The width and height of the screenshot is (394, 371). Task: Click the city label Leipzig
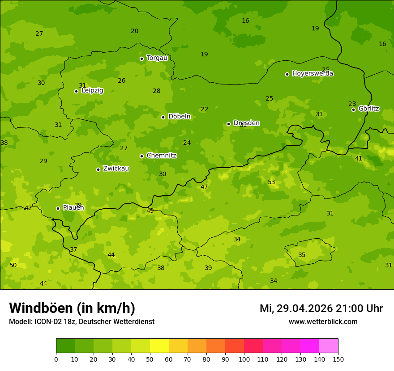pos(92,91)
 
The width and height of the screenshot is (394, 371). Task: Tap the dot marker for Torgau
pos(141,59)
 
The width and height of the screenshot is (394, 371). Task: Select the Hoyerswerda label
pos(313,74)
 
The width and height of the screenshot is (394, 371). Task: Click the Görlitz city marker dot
pos(353,110)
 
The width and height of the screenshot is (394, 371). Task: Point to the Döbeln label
pos(179,117)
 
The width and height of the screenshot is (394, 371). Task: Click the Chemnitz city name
pos(161,156)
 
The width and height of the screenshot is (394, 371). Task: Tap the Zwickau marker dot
pos(98,169)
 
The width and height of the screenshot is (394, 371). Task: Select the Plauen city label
pos(73,208)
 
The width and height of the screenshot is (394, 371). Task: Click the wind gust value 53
pos(271,182)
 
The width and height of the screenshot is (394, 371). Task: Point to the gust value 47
pos(204,187)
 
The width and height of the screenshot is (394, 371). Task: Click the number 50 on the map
pos(13,266)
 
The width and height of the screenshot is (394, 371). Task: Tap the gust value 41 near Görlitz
pos(359,159)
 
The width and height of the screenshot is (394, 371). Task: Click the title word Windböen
pos(41,308)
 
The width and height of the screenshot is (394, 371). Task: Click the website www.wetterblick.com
pos(323,322)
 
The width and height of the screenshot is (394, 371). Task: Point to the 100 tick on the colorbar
pos(244,359)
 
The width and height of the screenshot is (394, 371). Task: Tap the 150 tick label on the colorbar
pos(338,359)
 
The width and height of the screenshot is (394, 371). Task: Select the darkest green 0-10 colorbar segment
pos(65,346)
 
